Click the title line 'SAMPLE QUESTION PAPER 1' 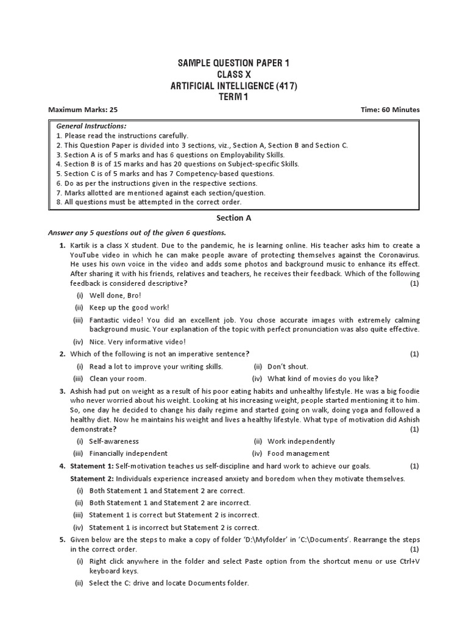pyautogui.click(x=233, y=64)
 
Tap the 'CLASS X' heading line pyautogui.click(x=233, y=76)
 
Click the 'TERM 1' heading pyautogui.click(x=233, y=98)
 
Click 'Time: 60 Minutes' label pyautogui.click(x=390, y=110)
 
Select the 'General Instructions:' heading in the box pyautogui.click(x=91, y=126)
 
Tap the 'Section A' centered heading pyautogui.click(x=233, y=217)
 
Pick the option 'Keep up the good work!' pyautogui.click(x=129, y=307)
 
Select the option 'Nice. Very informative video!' pyautogui.click(x=137, y=342)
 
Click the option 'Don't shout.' pyautogui.click(x=288, y=366)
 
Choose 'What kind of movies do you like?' pyautogui.click(x=323, y=378)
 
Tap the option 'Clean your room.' pyautogui.click(x=118, y=378)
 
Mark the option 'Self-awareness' pyautogui.click(x=114, y=441)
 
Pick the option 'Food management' pyautogui.click(x=299, y=453)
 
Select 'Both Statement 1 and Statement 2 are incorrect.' pyautogui.click(x=169, y=503)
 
